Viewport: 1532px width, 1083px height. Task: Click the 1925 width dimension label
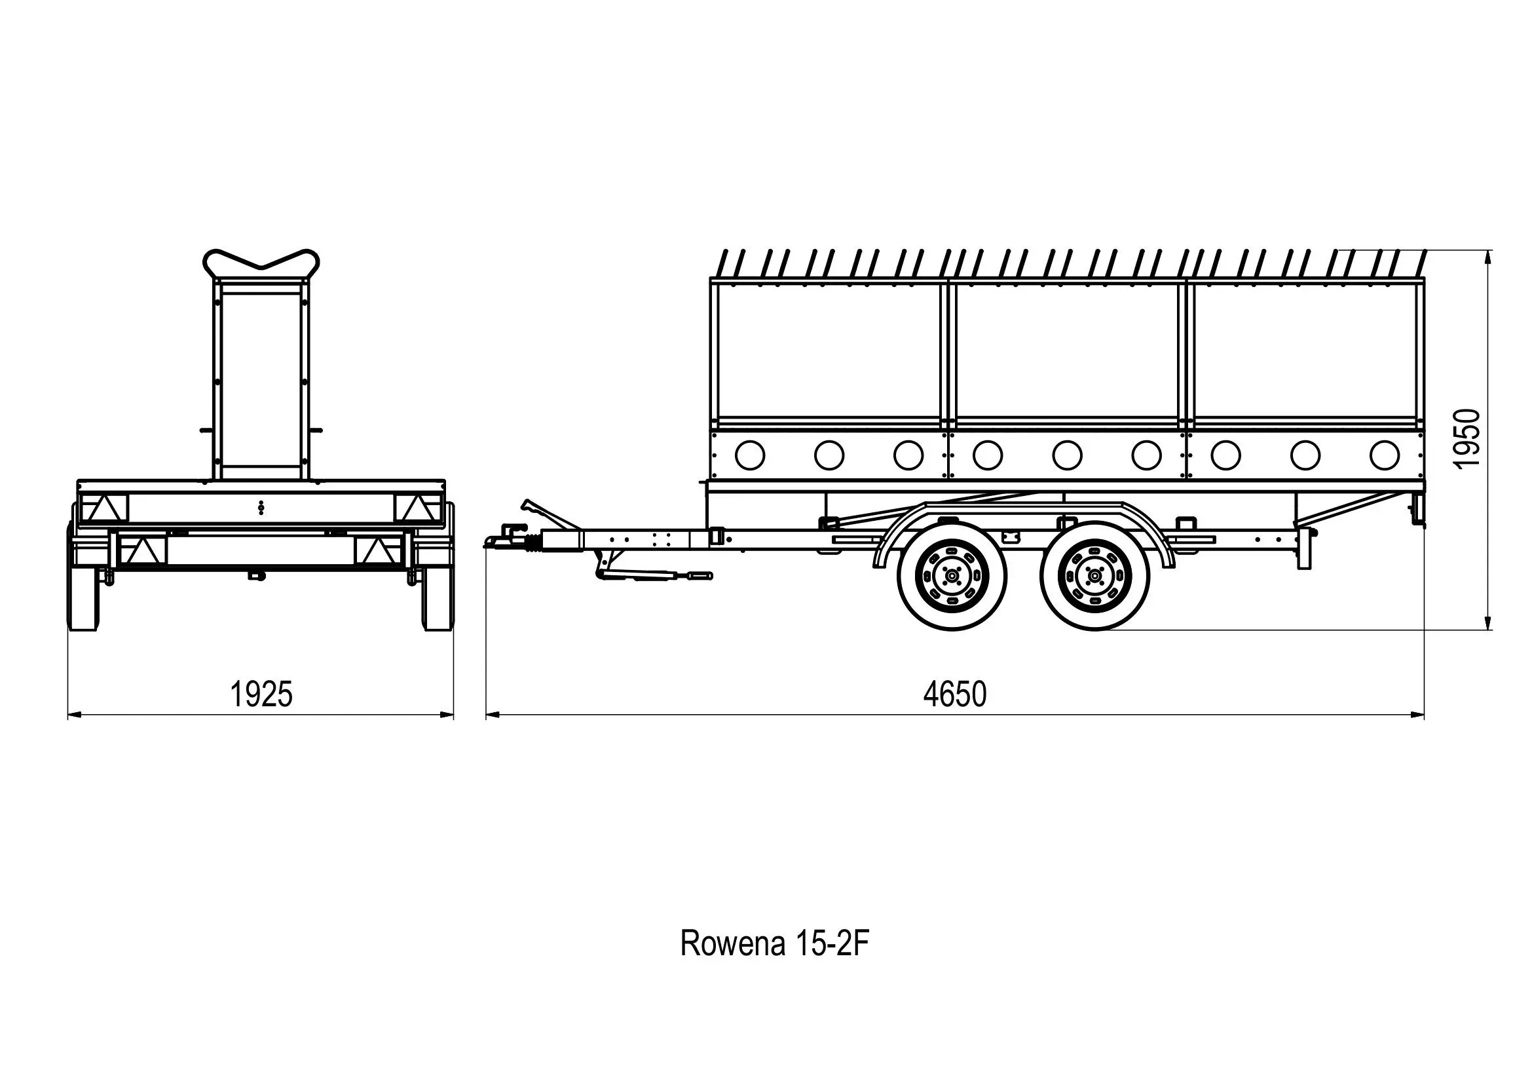[261, 694]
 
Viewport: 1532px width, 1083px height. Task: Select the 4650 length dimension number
[954, 694]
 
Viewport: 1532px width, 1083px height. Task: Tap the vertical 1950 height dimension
[1467, 438]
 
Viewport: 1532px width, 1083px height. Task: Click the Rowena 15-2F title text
[774, 943]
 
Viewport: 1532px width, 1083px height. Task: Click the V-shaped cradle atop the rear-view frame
[261, 264]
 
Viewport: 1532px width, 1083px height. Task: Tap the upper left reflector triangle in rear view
[104, 508]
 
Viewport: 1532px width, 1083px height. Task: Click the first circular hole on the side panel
[749, 455]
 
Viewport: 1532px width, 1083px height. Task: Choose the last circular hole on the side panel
[1385, 455]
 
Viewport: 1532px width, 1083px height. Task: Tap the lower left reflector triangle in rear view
[143, 551]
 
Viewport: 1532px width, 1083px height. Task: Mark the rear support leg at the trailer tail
[1303, 548]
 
